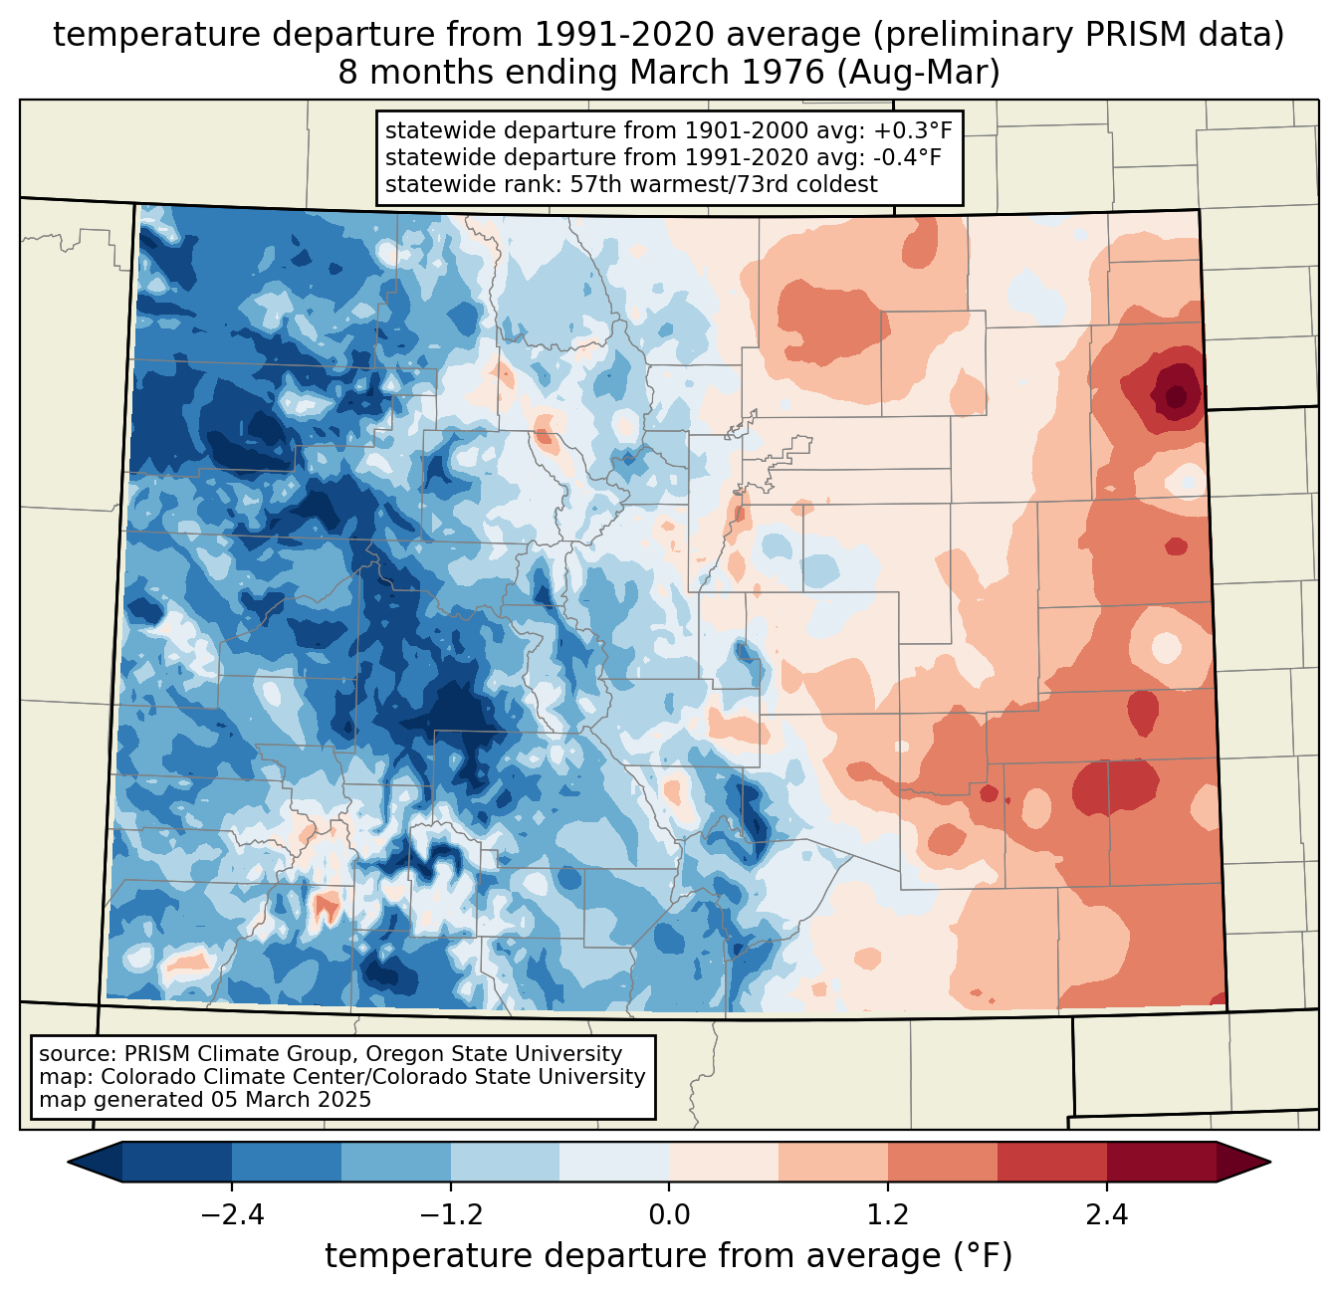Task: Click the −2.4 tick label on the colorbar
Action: tap(232, 1215)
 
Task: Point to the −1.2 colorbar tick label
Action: tap(450, 1215)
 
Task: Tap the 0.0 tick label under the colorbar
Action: tap(669, 1215)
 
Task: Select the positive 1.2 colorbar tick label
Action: tap(888, 1215)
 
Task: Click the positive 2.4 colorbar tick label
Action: tap(1106, 1215)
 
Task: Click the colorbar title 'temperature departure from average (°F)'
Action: tap(668, 1255)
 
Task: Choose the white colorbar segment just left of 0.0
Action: tap(614, 1162)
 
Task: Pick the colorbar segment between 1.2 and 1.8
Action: tap(942, 1162)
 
